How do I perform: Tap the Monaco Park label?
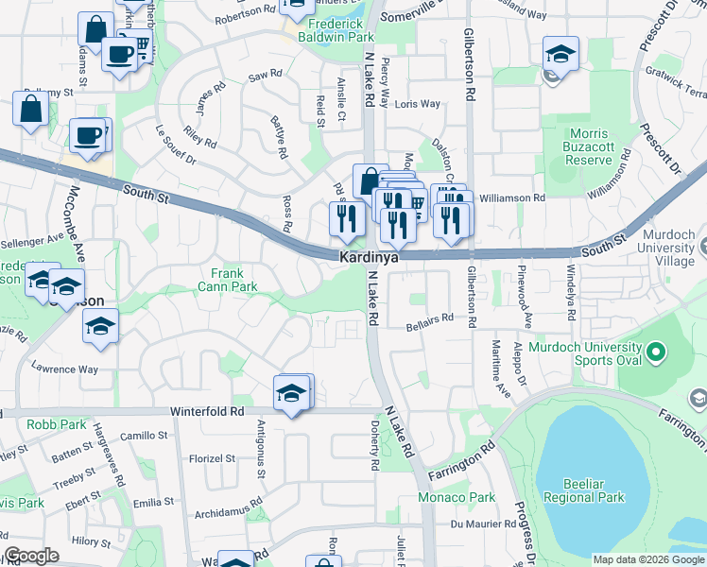(457, 497)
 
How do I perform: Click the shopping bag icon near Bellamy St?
(30, 109)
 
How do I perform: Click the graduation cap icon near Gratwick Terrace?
(560, 55)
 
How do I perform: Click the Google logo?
(31, 556)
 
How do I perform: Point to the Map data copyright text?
(648, 559)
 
